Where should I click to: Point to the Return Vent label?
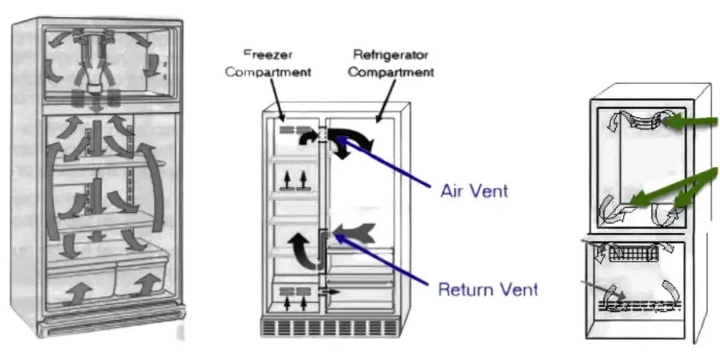coord(487,288)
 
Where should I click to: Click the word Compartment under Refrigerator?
coord(392,72)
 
